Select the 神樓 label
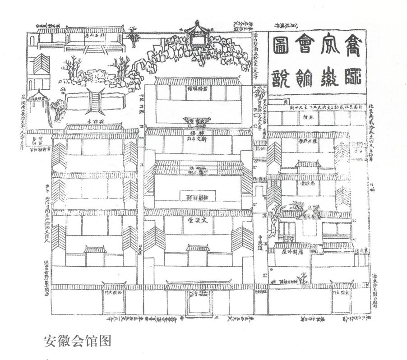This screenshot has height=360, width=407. (198, 134)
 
